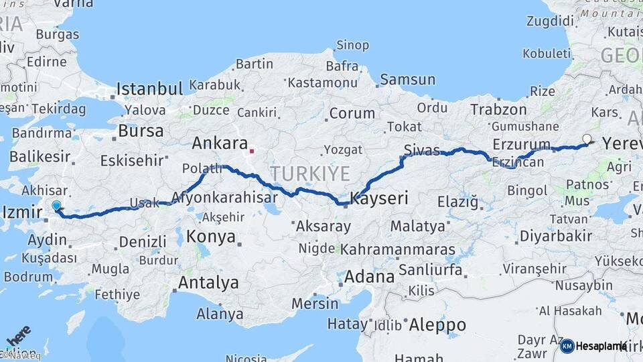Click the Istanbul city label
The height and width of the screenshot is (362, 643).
click(x=149, y=88)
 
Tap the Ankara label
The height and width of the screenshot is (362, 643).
click(x=220, y=143)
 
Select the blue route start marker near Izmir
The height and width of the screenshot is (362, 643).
click(x=56, y=206)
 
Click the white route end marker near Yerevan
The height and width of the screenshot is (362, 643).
click(x=587, y=139)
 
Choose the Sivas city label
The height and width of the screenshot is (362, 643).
click(x=422, y=149)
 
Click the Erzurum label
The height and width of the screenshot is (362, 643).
click(x=521, y=144)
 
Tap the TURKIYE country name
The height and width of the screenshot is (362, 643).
click(x=310, y=174)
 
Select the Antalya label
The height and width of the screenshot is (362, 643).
click(x=208, y=282)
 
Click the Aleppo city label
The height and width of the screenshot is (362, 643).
click(x=437, y=325)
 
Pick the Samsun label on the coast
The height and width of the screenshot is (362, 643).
click(x=407, y=80)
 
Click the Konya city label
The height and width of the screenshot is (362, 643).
click(x=211, y=236)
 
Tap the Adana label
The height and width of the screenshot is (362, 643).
click(x=369, y=276)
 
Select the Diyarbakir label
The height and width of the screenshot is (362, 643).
click(x=556, y=235)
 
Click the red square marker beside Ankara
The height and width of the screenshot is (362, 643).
click(x=252, y=151)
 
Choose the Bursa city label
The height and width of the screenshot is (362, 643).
click(x=141, y=130)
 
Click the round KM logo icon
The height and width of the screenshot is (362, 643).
click(x=567, y=346)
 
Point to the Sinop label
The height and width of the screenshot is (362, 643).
click(x=352, y=46)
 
